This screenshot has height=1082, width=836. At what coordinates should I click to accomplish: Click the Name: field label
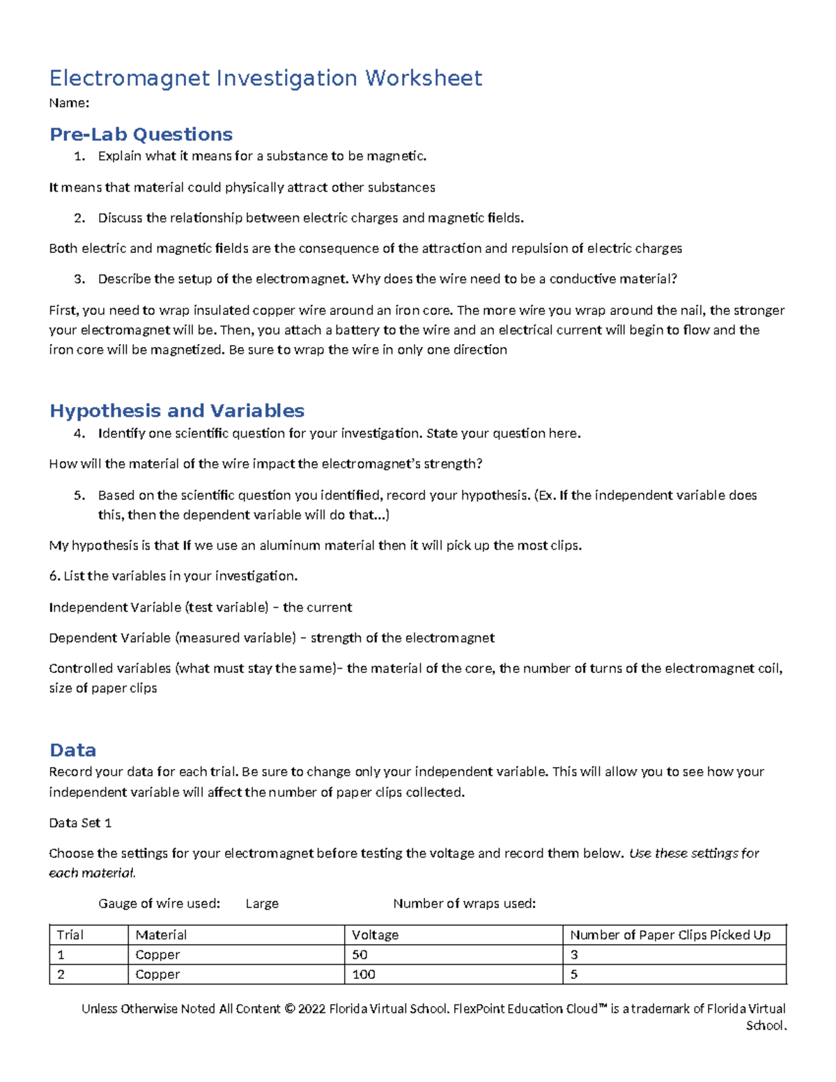(69, 103)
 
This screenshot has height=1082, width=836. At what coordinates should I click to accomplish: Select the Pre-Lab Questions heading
(141, 134)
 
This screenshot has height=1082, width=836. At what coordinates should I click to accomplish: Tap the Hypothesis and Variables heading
(177, 410)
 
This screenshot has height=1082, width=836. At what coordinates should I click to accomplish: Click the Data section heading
(72, 750)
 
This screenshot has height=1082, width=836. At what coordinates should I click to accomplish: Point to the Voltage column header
(375, 935)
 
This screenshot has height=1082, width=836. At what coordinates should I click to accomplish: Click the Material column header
(161, 935)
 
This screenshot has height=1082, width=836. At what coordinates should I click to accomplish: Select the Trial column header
(70, 935)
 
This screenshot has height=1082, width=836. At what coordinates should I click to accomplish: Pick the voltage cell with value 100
(364, 974)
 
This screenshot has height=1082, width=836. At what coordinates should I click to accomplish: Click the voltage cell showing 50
(359, 955)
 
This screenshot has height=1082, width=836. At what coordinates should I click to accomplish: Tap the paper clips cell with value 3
(574, 955)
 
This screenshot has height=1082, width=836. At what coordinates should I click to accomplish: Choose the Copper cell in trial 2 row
(157, 974)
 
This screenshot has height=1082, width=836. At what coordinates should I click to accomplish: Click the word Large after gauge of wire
(262, 904)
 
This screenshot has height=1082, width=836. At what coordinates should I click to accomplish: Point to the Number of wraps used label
(464, 904)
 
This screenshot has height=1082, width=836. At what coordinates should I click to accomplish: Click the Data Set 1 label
(80, 823)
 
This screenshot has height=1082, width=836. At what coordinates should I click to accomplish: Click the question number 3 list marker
(79, 279)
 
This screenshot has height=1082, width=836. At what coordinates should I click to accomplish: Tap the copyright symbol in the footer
(290, 1009)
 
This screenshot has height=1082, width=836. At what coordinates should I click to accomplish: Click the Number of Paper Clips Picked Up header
(669, 935)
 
